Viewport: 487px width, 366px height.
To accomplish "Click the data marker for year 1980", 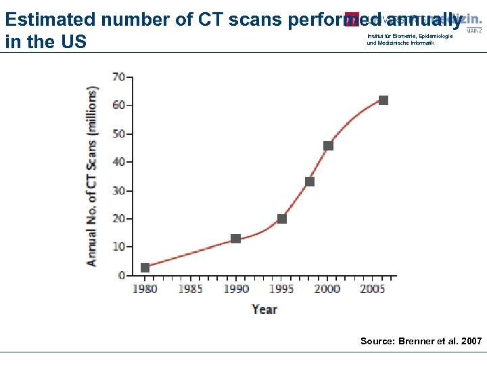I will pyautogui.click(x=145, y=268).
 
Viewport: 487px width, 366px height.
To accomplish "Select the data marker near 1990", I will pyautogui.click(x=235, y=239).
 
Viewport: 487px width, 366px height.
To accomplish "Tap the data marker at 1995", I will pyautogui.click(x=282, y=219).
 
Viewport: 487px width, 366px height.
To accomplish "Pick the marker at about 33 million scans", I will pyautogui.click(x=310, y=182).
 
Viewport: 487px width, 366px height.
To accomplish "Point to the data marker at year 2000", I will pyautogui.click(x=328, y=146).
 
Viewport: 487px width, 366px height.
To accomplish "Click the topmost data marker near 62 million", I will pyautogui.click(x=384, y=100).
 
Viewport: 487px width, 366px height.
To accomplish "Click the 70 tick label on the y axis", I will pyautogui.click(x=118, y=77).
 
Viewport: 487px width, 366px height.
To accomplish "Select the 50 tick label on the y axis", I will pyautogui.click(x=118, y=134).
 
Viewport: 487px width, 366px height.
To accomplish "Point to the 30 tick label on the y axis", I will pyautogui.click(x=118, y=190).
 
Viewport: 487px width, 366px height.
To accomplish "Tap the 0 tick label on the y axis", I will pyautogui.click(x=122, y=275).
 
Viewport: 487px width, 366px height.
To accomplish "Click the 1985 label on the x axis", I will pyautogui.click(x=190, y=289).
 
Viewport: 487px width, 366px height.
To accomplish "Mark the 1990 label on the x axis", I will pyautogui.click(x=235, y=289).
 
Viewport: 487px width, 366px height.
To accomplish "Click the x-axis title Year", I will pyautogui.click(x=264, y=309).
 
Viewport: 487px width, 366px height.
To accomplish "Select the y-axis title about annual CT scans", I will pyautogui.click(x=91, y=176).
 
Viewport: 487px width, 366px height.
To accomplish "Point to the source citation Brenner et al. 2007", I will pyautogui.click(x=421, y=341).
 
